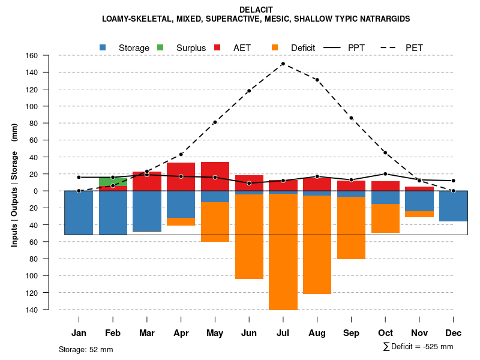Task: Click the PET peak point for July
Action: pyautogui.click(x=283, y=64)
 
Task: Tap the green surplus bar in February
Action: pyautogui.click(x=113, y=181)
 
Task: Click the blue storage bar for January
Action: pyautogui.click(x=79, y=212)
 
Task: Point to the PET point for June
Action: pyautogui.click(x=249, y=91)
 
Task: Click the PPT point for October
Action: pyautogui.click(x=385, y=174)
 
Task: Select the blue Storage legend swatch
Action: pyautogui.click(x=103, y=47)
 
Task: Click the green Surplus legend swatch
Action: pyautogui.click(x=160, y=47)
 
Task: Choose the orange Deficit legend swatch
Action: pyautogui.click(x=275, y=47)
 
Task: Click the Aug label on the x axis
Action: pyautogui.click(x=317, y=333)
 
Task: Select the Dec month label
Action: pyautogui.click(x=454, y=333)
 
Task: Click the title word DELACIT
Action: pyautogui.click(x=256, y=10)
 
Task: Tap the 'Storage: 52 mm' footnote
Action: pyautogui.click(x=86, y=349)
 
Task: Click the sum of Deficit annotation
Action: pyautogui.click(x=418, y=347)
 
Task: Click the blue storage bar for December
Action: pyautogui.click(x=454, y=206)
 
